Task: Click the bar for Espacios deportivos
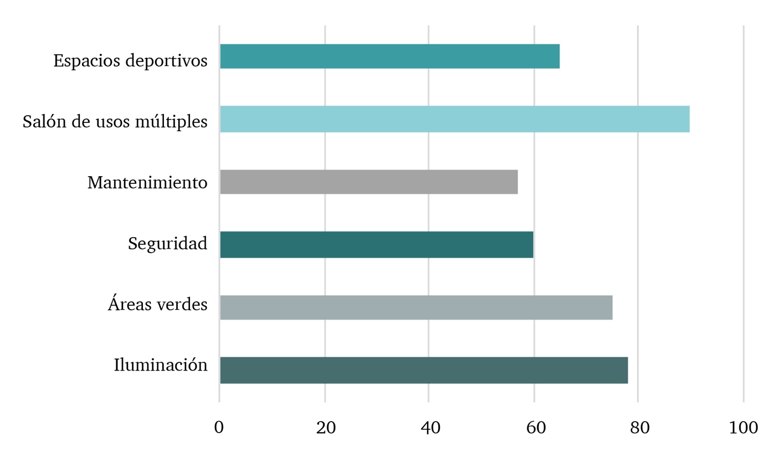pyautogui.click(x=389, y=56)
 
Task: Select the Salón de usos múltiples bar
pyautogui.click(x=454, y=119)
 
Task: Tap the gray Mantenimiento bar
pyautogui.click(x=368, y=182)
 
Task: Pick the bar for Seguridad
pyautogui.click(x=376, y=244)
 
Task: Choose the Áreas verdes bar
pyautogui.click(x=415, y=307)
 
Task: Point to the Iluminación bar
pyautogui.click(x=423, y=370)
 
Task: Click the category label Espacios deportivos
pyautogui.click(x=130, y=60)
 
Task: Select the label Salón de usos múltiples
pyautogui.click(x=115, y=121)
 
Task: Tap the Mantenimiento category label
pyautogui.click(x=147, y=182)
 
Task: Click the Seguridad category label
pyautogui.click(x=167, y=244)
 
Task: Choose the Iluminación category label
pyautogui.click(x=161, y=365)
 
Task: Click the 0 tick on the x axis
pyautogui.click(x=219, y=428)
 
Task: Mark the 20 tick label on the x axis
pyautogui.click(x=325, y=428)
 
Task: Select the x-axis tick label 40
pyautogui.click(x=430, y=428)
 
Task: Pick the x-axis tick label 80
pyautogui.click(x=639, y=428)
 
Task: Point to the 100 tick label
pyautogui.click(x=743, y=428)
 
